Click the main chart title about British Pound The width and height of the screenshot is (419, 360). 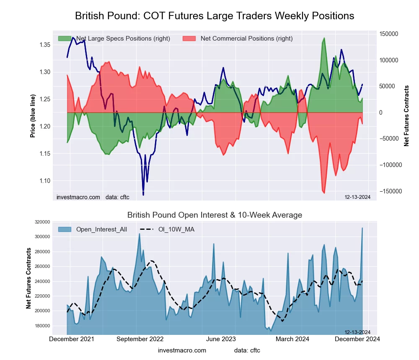point(215,16)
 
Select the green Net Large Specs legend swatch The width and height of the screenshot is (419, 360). point(65,39)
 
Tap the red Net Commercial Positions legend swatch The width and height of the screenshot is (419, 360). point(190,39)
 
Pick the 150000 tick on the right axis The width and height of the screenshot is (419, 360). point(388,34)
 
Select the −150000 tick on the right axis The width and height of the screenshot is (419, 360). point(388,191)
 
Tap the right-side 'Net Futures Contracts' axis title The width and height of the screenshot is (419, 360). point(406,116)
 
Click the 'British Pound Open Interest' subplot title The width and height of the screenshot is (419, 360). point(215,215)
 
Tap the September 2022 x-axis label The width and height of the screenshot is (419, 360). point(140,339)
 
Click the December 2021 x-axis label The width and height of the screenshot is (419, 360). point(72,339)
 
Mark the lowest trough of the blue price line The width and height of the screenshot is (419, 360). point(143,195)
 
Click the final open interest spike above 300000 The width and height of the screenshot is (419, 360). point(362,228)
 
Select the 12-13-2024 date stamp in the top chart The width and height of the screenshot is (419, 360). point(357,197)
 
